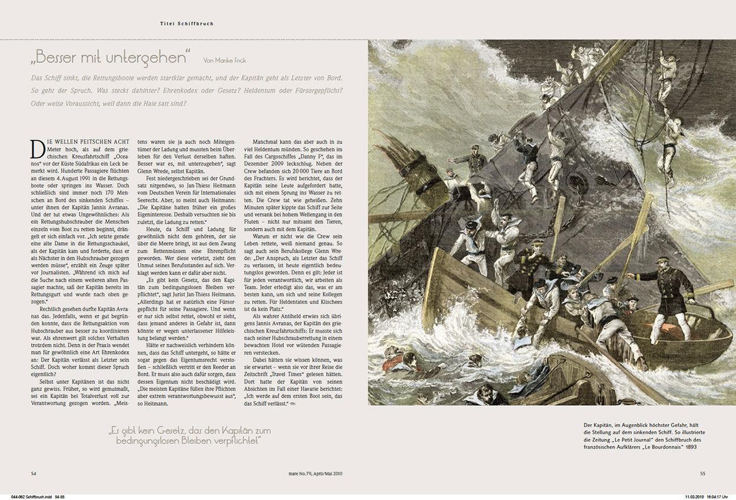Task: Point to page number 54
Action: tap(34, 473)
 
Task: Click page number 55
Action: tap(702, 473)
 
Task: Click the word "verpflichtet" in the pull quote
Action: tap(231, 440)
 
